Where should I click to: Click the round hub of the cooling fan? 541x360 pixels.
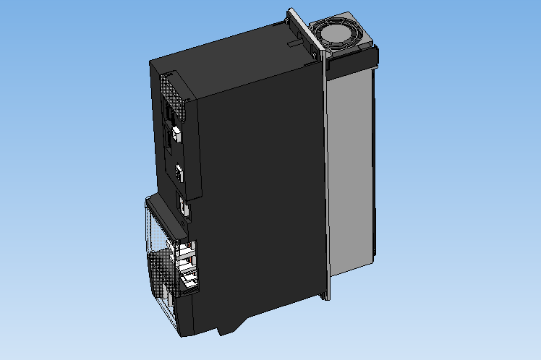coord(338,32)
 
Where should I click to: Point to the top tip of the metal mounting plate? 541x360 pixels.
coord(291,10)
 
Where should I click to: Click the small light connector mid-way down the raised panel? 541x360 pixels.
coord(179,173)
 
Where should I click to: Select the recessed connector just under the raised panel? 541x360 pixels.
coord(184,207)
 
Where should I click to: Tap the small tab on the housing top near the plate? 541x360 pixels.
coord(292,43)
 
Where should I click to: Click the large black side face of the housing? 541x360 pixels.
coord(260,195)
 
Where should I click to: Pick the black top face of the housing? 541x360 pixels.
coord(231,54)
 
